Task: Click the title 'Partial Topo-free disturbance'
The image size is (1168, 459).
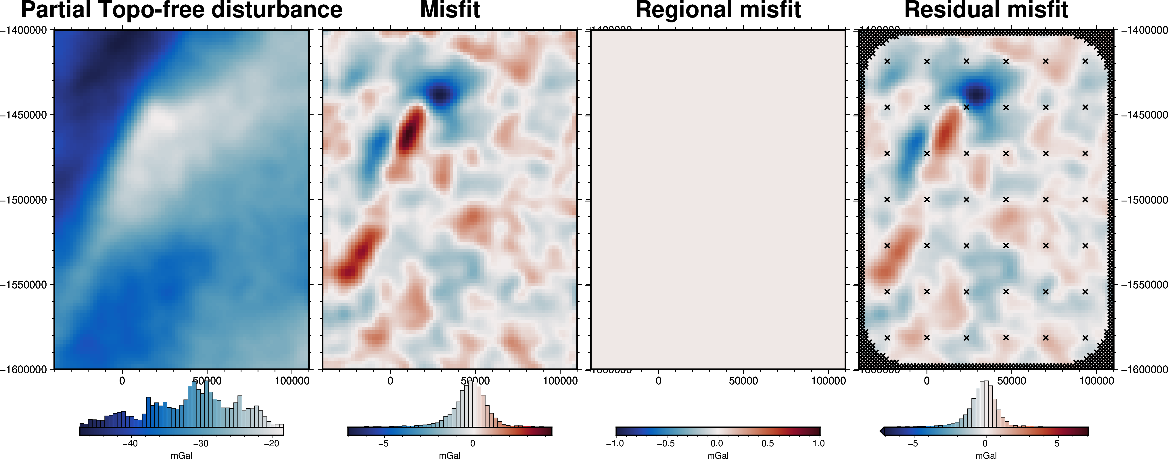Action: click(x=181, y=10)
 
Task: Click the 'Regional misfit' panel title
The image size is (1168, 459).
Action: click(x=718, y=10)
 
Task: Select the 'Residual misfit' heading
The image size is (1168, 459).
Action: click(x=986, y=10)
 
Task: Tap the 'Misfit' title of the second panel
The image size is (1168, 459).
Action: click(x=450, y=10)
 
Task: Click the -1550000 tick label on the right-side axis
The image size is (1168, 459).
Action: click(x=1144, y=285)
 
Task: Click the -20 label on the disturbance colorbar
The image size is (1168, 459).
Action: click(x=271, y=443)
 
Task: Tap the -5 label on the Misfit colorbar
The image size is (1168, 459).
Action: click(x=383, y=443)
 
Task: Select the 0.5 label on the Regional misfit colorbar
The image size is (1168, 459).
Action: click(x=767, y=443)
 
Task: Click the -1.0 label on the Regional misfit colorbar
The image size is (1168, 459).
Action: click(x=615, y=443)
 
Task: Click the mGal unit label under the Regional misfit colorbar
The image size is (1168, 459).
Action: click(x=718, y=455)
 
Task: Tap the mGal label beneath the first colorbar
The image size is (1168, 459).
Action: click(x=181, y=455)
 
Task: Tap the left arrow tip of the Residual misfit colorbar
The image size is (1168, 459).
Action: click(x=881, y=431)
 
